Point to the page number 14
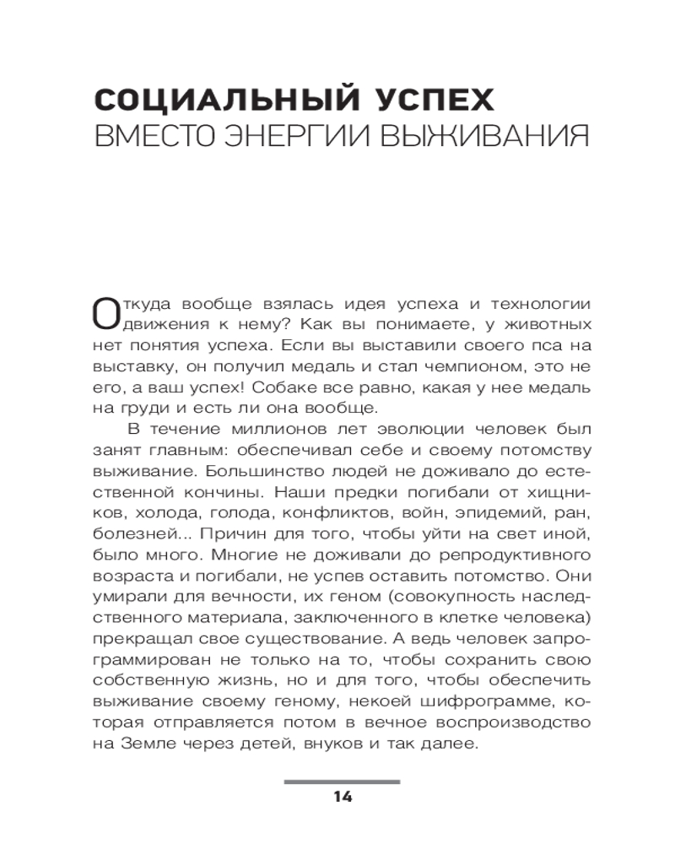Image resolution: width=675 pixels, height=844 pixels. click(x=342, y=797)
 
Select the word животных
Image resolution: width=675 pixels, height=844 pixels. click(x=540, y=325)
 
